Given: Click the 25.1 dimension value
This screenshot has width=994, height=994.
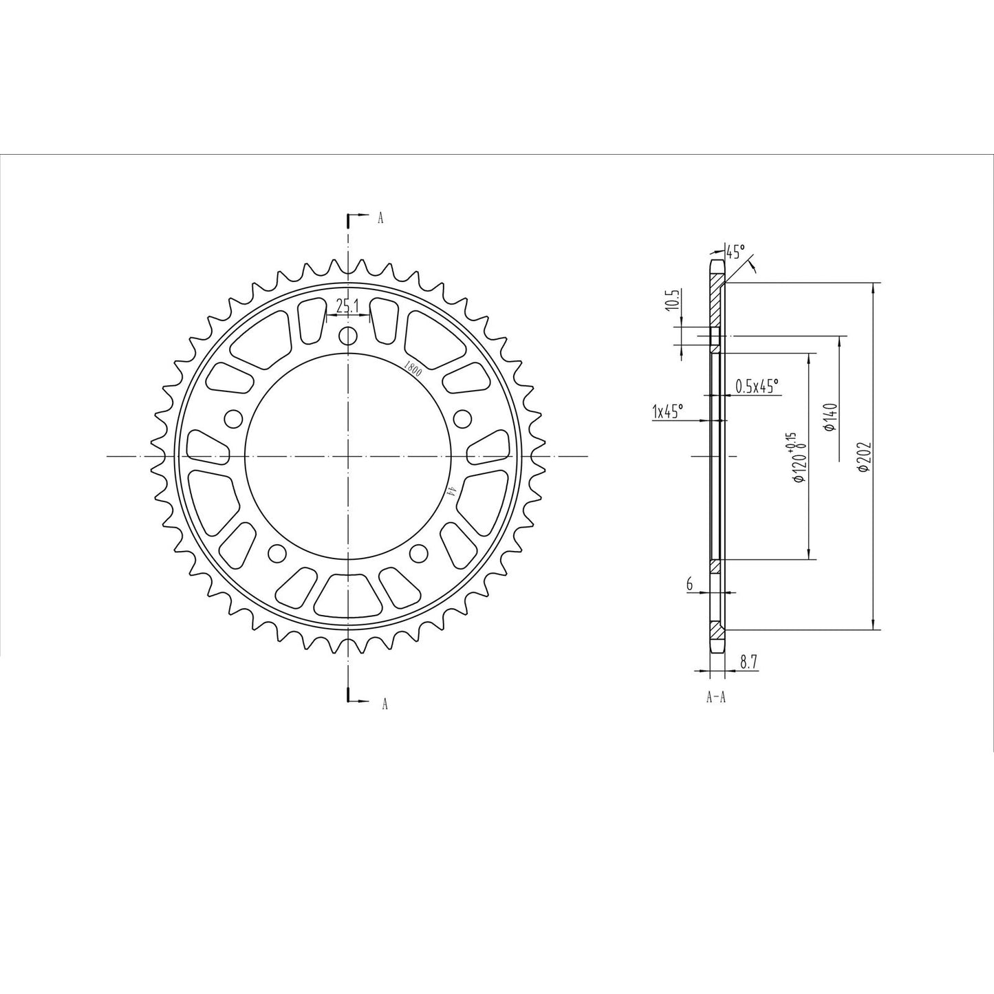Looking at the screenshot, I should [348, 306].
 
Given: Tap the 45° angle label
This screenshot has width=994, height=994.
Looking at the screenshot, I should [735, 252].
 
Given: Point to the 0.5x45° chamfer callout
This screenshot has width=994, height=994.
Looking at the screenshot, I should [757, 386].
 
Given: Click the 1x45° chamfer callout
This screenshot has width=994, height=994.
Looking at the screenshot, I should [667, 411].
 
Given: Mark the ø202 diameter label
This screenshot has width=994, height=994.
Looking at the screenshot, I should [865, 456].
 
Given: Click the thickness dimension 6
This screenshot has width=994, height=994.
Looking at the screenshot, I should [689, 584].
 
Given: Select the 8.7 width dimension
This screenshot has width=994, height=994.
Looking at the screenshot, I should [748, 662].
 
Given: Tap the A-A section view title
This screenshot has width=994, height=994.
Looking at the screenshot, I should [716, 697].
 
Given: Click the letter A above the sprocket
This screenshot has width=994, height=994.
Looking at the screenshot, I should [380, 219].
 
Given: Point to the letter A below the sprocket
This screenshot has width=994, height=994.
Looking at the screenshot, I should [385, 704].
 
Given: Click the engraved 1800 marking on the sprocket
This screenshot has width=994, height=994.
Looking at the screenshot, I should [413, 367].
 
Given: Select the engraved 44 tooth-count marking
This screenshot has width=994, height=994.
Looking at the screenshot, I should [451, 490].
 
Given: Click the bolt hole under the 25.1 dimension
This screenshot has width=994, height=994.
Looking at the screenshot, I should [348, 336].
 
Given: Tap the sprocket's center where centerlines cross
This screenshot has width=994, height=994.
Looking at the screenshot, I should [348, 456].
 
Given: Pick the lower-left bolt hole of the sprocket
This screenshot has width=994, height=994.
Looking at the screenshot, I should [277, 552].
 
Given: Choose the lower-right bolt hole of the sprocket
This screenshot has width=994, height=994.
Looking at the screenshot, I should [419, 552].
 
